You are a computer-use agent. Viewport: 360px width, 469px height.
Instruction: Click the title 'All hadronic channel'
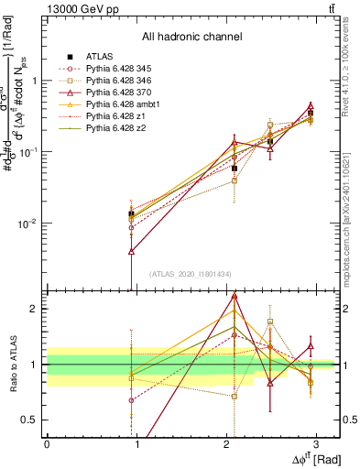pos(191,38)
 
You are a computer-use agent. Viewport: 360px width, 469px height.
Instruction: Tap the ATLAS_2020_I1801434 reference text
pos(191,274)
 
